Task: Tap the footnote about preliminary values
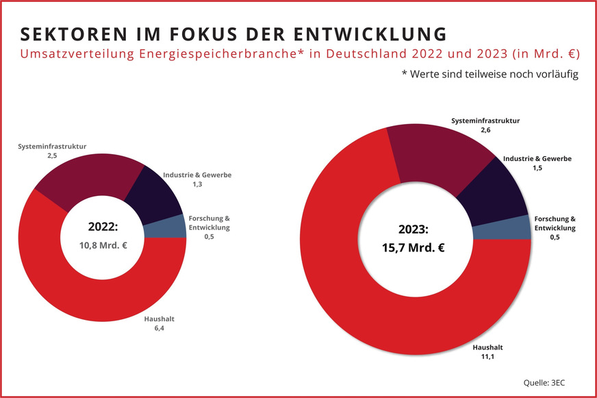click(490, 74)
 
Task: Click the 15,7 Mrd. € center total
click(413, 247)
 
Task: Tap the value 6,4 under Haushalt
click(160, 329)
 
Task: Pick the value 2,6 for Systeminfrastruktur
click(485, 129)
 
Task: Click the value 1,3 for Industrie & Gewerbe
click(197, 186)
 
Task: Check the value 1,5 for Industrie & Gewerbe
click(537, 168)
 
